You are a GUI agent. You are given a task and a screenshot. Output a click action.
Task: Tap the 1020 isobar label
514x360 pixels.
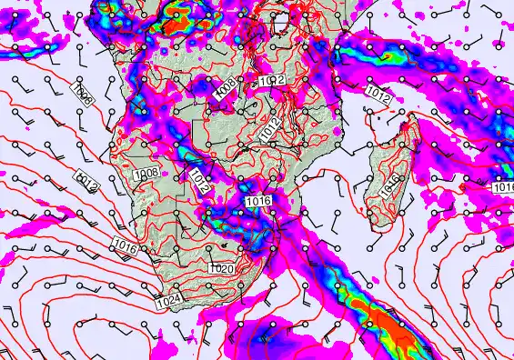(x=221, y=269)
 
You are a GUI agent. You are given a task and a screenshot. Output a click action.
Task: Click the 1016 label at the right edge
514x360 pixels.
(x=503, y=187)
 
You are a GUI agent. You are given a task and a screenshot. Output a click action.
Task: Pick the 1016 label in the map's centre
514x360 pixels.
(x=259, y=202)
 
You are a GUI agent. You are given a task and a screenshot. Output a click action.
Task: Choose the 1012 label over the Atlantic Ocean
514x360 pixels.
(x=86, y=181)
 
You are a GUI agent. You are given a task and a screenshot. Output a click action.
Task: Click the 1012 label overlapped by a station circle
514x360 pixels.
(x=271, y=81)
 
